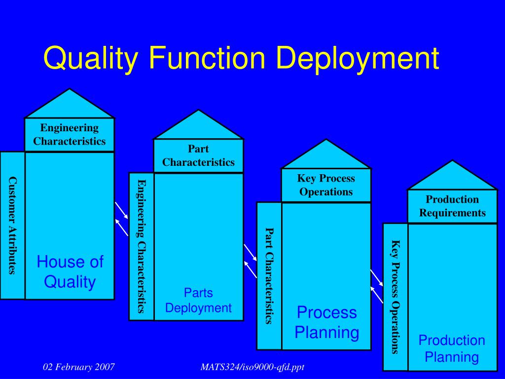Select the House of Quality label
(x=70, y=272)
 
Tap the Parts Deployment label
(x=198, y=301)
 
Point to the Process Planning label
(x=326, y=322)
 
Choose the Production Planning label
(x=452, y=348)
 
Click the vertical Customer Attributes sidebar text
(x=12, y=225)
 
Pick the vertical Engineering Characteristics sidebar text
(x=142, y=246)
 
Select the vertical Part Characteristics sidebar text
(x=269, y=275)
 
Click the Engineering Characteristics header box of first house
(x=70, y=135)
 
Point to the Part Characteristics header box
(x=198, y=155)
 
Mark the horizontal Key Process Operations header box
(x=326, y=185)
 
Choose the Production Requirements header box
(x=452, y=206)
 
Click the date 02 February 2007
(x=79, y=367)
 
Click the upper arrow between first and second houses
(x=121, y=210)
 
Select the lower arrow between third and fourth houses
(x=377, y=295)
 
